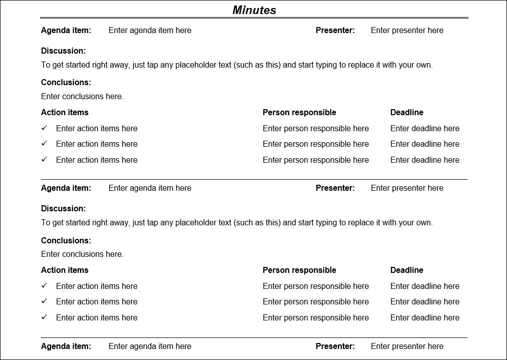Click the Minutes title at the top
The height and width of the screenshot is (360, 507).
254,10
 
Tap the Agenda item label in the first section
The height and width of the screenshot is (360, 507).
66,30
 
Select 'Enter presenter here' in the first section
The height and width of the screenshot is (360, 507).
407,30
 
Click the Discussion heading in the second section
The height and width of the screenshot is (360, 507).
64,208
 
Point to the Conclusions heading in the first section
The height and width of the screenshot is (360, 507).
66,82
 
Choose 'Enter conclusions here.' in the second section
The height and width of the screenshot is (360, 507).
82,254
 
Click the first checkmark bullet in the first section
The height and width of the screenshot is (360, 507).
44,128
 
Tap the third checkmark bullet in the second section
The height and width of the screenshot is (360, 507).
44,317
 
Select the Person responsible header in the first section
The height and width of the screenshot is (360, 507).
299,112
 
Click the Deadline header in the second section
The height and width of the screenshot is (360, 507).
407,270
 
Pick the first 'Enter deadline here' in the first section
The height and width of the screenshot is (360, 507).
425,128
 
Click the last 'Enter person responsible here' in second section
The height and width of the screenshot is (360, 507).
316,317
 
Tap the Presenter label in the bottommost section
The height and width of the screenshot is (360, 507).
335,346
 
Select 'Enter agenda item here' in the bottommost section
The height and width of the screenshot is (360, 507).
150,346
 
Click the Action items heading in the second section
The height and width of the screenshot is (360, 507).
65,270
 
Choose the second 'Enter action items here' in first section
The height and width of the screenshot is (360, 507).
97,144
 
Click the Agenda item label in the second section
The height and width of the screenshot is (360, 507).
66,188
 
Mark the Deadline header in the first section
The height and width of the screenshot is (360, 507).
407,112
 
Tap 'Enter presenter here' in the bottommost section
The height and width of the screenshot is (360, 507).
407,346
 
